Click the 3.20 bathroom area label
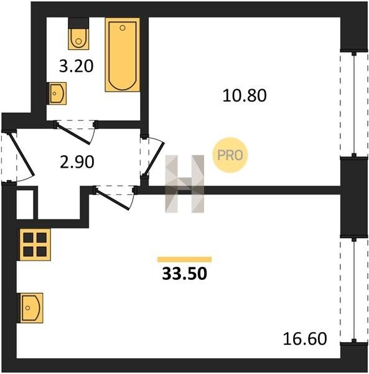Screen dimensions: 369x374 pos(76,66)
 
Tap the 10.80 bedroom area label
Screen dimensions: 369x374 pos(245,95)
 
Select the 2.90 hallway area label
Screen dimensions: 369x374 pos(77,162)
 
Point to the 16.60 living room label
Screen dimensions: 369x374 pos(305,339)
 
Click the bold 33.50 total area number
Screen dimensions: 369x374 pos(184,274)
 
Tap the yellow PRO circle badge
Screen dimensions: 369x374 pos(230,155)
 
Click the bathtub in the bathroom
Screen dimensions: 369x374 pos(123,55)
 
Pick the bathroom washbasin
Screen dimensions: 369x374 pos(57,93)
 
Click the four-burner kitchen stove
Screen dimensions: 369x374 pos(34,244)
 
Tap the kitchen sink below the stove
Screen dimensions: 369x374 pos(31,308)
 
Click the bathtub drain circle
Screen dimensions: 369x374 pos(123,28)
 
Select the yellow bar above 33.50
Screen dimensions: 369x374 pos(184,259)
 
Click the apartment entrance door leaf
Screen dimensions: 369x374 pos(21,154)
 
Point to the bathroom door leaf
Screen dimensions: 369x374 pos(73,133)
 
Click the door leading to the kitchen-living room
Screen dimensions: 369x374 pos(113,199)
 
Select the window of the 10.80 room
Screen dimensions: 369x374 pos(354,103)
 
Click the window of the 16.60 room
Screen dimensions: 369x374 pos(354,290)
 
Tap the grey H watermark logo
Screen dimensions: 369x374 pos(185,184)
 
